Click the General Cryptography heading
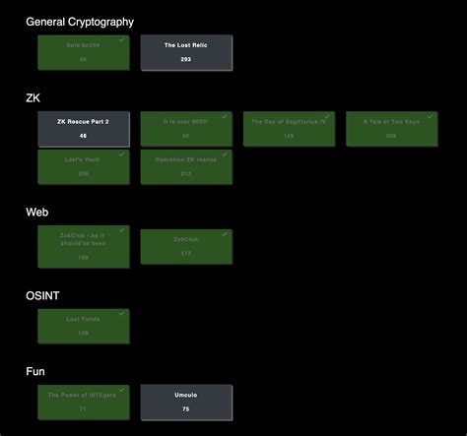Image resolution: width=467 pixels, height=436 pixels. (x=80, y=21)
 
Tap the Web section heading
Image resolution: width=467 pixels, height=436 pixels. (x=37, y=212)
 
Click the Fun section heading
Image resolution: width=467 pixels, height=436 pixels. (x=36, y=371)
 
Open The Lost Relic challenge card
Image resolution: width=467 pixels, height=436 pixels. (x=186, y=52)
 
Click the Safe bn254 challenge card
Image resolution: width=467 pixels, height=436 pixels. (x=84, y=52)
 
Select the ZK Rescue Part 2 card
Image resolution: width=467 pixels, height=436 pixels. (x=84, y=129)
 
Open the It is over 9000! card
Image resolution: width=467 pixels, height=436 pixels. (x=186, y=129)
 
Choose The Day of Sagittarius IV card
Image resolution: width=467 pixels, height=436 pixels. (x=289, y=129)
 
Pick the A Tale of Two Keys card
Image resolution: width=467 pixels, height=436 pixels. (x=391, y=129)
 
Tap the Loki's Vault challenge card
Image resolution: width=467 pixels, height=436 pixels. (x=84, y=166)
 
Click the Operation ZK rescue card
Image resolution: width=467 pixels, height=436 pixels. (x=186, y=166)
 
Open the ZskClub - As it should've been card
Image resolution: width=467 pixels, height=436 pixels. (x=84, y=244)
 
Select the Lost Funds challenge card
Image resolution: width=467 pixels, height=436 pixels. (x=84, y=326)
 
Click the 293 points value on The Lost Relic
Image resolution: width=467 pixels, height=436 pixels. (x=186, y=59)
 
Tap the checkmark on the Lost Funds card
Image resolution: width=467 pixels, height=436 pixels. (x=122, y=314)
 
